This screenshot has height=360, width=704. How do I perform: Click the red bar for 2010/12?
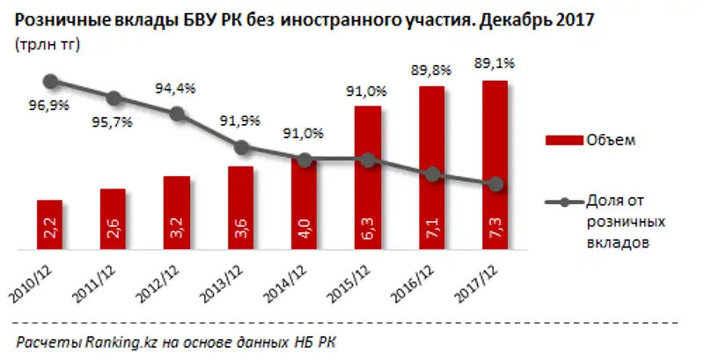[x=49, y=224]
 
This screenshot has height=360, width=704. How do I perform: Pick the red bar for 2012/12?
[x=177, y=213]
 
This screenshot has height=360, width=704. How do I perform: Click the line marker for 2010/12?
[x=50, y=81]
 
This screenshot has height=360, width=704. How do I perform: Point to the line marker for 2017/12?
[x=495, y=184]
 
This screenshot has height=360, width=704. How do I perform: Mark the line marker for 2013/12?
[x=240, y=147]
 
